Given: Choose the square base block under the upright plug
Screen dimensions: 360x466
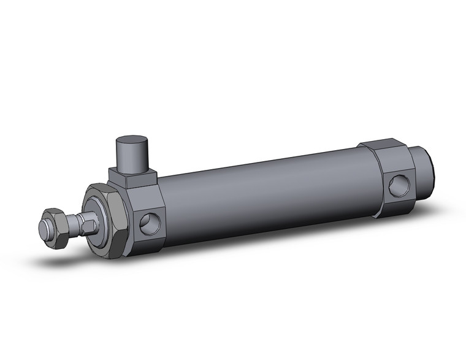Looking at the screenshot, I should tap(132, 178).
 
